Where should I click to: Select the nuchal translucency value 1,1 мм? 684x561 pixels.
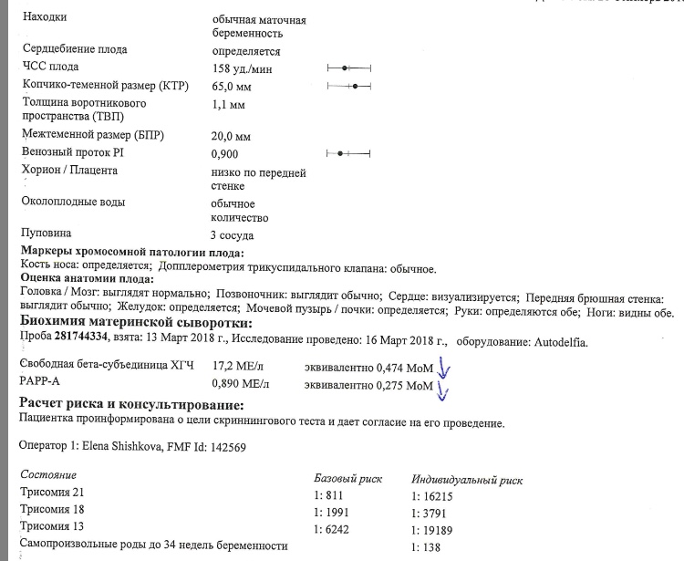tap(227, 106)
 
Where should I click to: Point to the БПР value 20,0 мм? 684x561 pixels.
tap(230, 135)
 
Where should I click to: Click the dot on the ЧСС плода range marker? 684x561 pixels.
tap(345, 68)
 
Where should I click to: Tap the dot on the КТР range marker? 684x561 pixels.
tap(355, 86)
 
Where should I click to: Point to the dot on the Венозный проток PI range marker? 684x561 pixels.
tap(339, 152)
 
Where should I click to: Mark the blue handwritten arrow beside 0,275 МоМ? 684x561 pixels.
tap(444, 390)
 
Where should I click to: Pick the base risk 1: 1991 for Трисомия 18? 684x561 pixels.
tap(331, 513)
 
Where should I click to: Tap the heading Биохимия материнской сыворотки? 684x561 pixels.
tap(136, 324)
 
